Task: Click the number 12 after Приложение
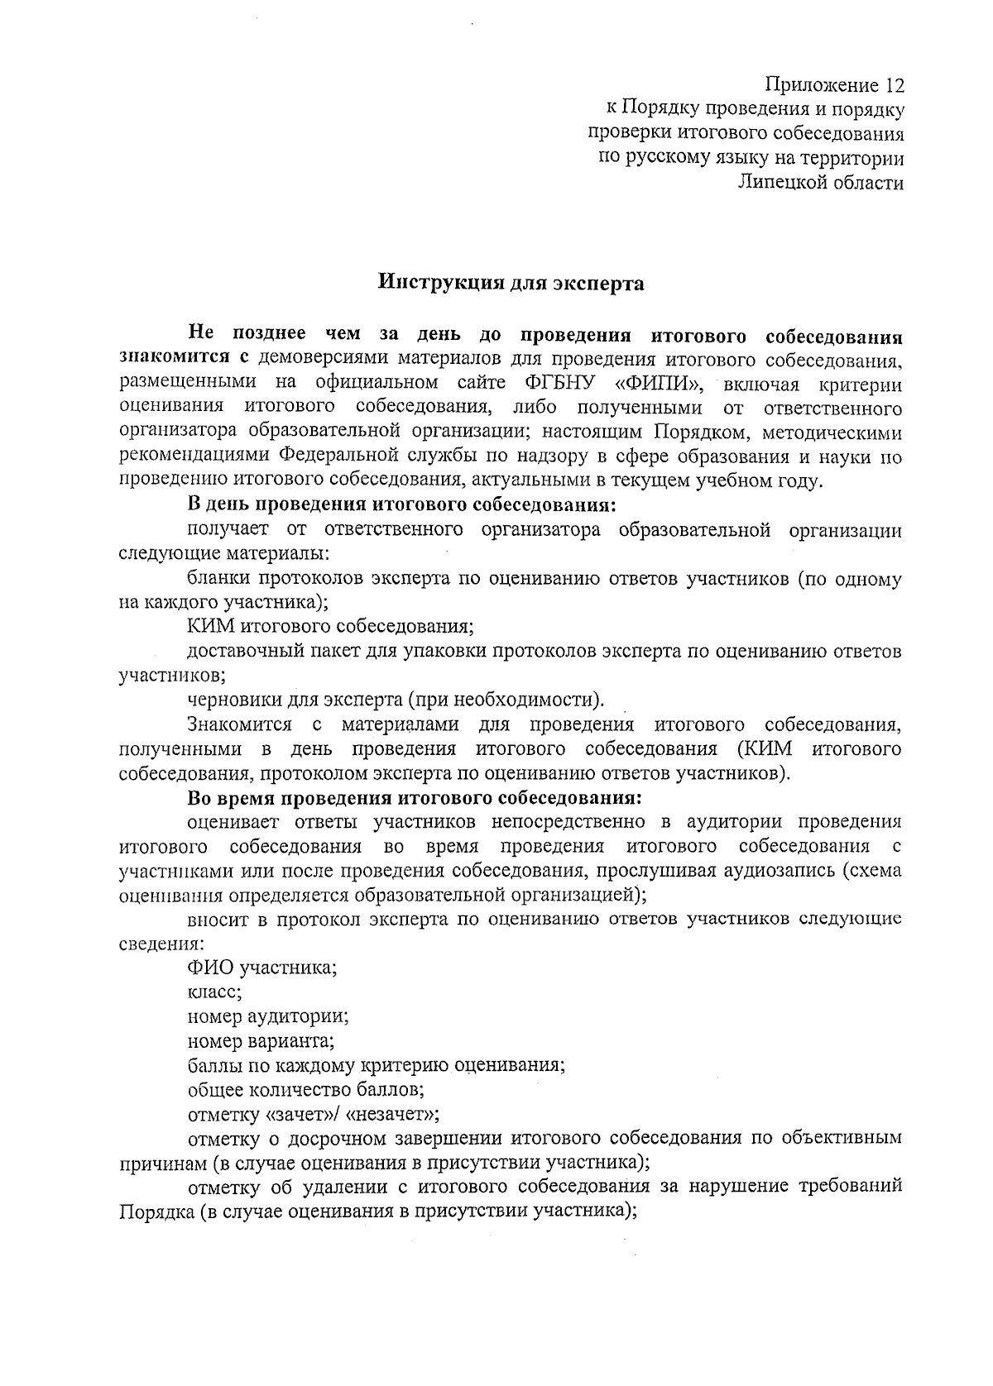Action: click(x=891, y=84)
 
